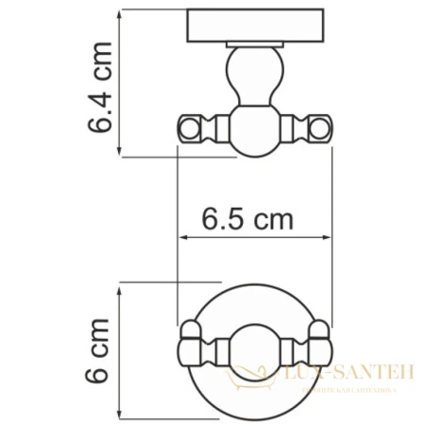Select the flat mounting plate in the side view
pos(254,25)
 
